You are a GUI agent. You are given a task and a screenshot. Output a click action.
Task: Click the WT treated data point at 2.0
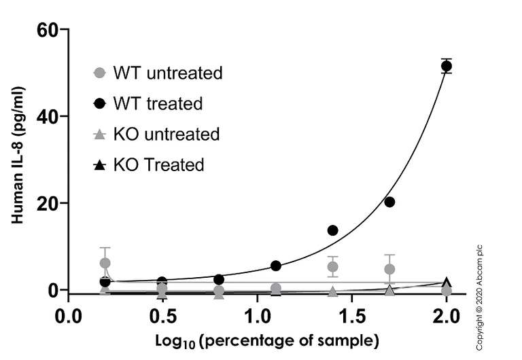(x=447, y=66)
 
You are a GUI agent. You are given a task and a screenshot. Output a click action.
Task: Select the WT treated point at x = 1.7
(x=389, y=202)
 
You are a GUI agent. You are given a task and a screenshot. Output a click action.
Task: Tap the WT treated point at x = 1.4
(x=333, y=230)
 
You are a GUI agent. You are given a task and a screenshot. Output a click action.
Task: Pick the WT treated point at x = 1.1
(x=276, y=266)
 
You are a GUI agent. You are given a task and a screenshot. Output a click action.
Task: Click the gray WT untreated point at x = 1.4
(x=333, y=266)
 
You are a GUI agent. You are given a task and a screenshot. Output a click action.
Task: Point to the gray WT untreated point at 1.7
(x=389, y=269)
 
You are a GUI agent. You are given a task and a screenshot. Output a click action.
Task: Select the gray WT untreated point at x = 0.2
(x=105, y=263)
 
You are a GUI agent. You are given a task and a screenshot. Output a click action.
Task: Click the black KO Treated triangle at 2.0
(x=447, y=283)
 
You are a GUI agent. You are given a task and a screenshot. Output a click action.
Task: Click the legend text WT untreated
(x=167, y=73)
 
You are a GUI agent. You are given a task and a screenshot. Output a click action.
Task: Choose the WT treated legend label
(x=158, y=104)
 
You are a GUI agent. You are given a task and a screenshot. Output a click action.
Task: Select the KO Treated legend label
(x=158, y=164)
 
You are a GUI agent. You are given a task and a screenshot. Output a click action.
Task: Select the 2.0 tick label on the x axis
(x=446, y=316)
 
